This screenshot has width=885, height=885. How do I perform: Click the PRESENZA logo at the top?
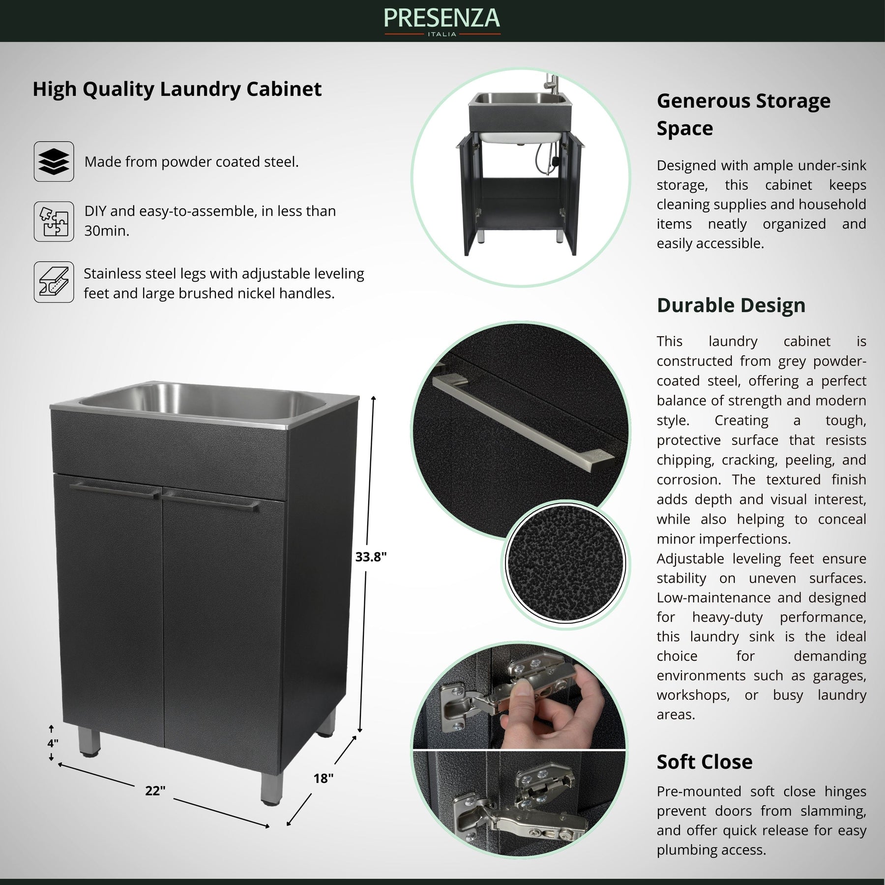click(x=442, y=21)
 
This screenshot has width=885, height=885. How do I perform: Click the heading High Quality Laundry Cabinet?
click(x=177, y=89)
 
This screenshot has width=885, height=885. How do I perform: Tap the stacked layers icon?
click(x=54, y=162)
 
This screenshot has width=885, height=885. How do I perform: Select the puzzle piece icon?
click(x=54, y=221)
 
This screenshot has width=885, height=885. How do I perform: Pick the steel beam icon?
click(x=54, y=282)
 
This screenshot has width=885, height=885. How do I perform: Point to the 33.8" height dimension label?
click(x=371, y=557)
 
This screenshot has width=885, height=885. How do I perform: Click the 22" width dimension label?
click(x=155, y=791)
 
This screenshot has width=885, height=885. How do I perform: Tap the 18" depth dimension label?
click(x=324, y=778)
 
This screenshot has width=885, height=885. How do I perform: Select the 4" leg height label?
click(x=53, y=743)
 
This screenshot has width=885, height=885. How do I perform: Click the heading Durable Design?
click(x=731, y=305)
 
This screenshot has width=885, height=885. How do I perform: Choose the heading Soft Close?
click(x=705, y=762)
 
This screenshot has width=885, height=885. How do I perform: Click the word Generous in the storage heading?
click(x=703, y=101)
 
